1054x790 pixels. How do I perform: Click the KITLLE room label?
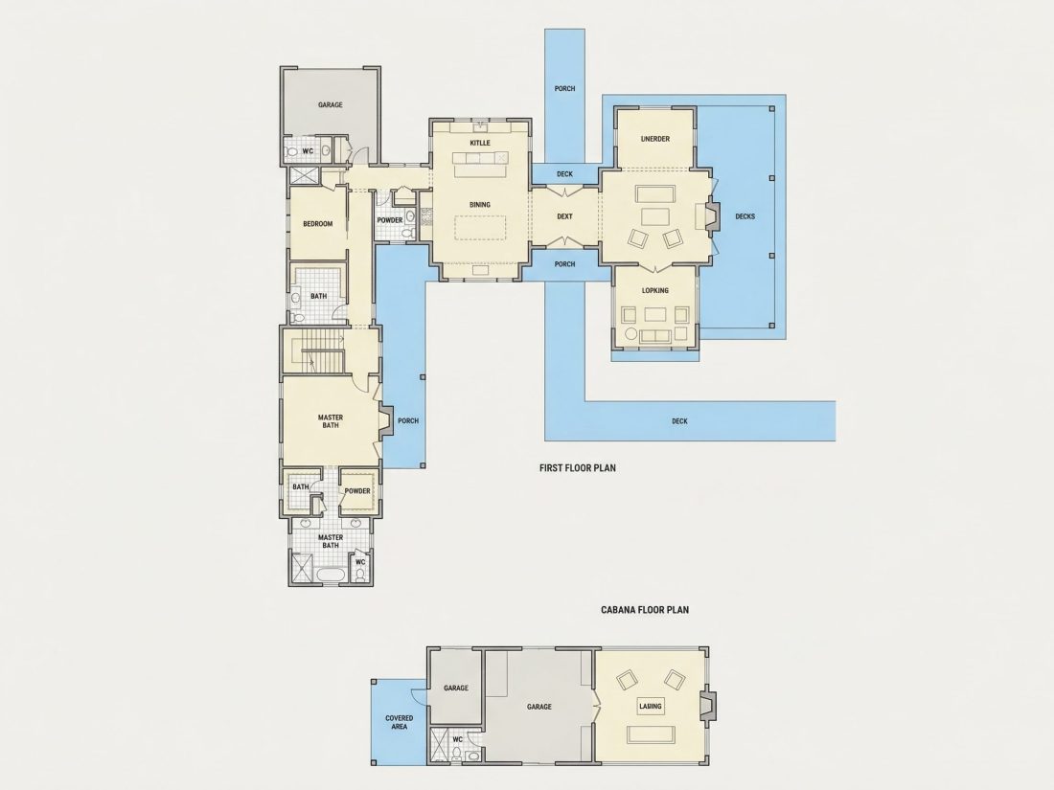[x=480, y=143]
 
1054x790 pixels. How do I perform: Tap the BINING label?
[x=480, y=205]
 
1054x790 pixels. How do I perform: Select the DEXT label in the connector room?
[x=564, y=216]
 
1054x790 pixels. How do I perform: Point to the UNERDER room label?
[x=655, y=139]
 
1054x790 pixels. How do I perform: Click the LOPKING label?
[x=655, y=291]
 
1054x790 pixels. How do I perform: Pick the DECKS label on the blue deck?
[x=745, y=216]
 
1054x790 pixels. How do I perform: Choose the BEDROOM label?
[x=318, y=224]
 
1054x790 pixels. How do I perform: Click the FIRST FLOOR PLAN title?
[x=578, y=468]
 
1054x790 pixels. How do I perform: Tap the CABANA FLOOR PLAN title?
[x=645, y=610]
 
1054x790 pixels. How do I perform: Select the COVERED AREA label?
[x=400, y=722]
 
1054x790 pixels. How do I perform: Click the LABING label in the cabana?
[x=651, y=706]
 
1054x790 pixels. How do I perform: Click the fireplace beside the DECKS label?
[x=712, y=216]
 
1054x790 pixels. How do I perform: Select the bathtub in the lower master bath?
[x=331, y=576]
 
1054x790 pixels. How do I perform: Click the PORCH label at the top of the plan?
[x=564, y=89]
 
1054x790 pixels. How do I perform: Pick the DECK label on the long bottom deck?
[x=679, y=421]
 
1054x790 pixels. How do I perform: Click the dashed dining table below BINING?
[x=480, y=227]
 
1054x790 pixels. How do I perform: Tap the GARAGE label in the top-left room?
[x=330, y=104]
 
